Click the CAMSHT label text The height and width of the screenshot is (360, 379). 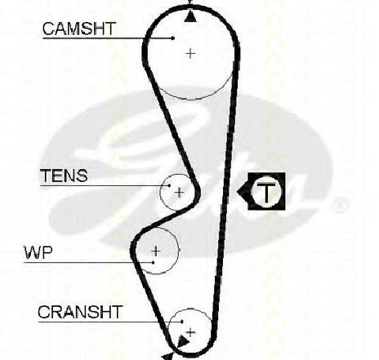(79, 29)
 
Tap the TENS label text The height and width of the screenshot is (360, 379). (65, 176)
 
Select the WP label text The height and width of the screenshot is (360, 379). (38, 252)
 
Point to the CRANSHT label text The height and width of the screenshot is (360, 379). (80, 312)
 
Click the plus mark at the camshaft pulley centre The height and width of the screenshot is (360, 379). (190, 53)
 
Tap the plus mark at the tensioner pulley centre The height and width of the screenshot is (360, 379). (179, 193)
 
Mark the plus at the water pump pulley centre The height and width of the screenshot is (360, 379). (156, 251)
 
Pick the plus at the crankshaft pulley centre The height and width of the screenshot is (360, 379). (190, 332)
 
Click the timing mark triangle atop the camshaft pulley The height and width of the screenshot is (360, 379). (190, 16)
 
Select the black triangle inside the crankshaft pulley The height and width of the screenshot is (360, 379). (183, 341)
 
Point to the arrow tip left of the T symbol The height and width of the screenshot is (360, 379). (237, 192)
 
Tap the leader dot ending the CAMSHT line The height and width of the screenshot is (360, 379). (173, 38)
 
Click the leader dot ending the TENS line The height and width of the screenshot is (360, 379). (169, 185)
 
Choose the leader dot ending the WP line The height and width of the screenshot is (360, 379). (154, 263)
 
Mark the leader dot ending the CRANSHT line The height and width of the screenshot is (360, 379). (182, 322)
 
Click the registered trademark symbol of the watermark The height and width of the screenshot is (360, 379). (340, 205)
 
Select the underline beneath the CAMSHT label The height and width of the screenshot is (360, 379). (108, 38)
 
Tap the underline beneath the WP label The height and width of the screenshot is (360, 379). (88, 263)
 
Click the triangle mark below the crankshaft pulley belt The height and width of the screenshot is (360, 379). (168, 357)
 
